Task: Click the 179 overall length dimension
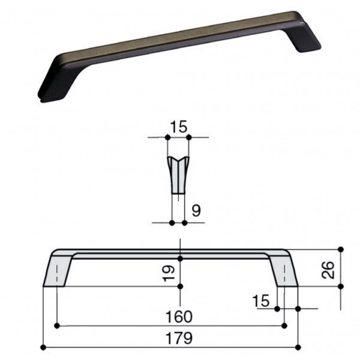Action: (x=179, y=338)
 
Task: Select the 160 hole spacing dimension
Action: (x=179, y=317)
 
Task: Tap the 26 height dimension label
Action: (x=328, y=270)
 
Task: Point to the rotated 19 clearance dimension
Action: (x=169, y=273)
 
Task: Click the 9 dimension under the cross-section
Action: (x=196, y=211)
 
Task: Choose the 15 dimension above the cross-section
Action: (x=179, y=127)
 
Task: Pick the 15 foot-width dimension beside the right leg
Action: (x=261, y=301)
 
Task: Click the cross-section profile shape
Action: (x=178, y=175)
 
